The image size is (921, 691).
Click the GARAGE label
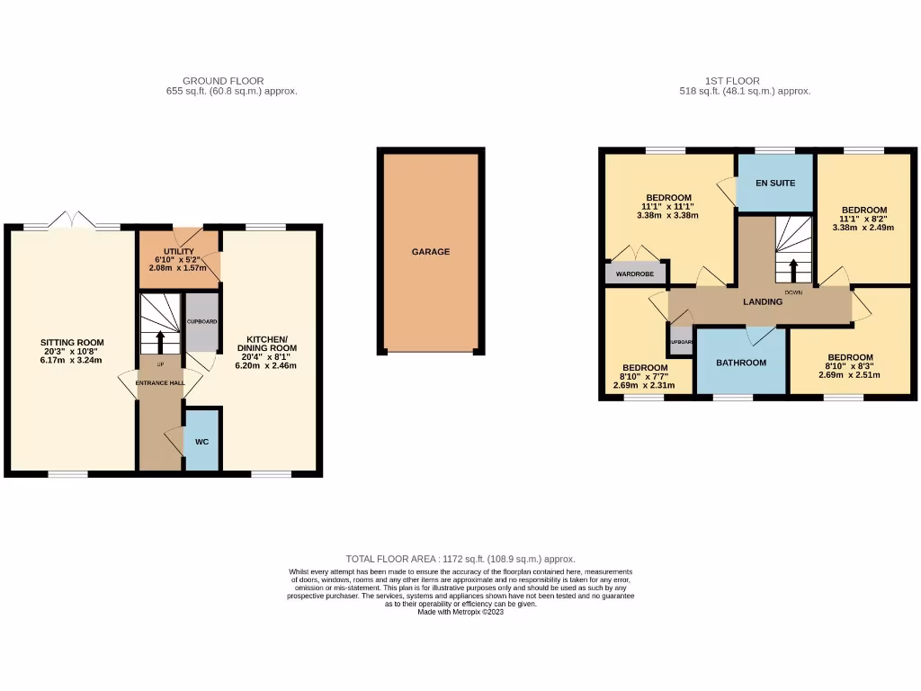[x=431, y=252]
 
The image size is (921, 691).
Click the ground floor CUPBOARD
[x=201, y=321]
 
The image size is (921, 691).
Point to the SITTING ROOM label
[x=72, y=342]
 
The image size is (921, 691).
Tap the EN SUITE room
[x=774, y=183]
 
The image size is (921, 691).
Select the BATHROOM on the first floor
[x=741, y=363]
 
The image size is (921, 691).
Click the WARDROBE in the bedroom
[x=635, y=274]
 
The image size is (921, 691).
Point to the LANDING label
[x=762, y=301]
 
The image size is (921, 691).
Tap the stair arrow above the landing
[x=794, y=271]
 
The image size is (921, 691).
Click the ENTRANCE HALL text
[x=159, y=383]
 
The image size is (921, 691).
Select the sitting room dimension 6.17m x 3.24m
[x=72, y=361]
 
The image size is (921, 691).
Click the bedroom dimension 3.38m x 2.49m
[x=863, y=228]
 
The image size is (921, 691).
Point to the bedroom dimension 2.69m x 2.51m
[x=849, y=375]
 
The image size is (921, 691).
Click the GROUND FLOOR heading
[x=223, y=81]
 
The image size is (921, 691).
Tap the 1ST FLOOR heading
[x=733, y=81]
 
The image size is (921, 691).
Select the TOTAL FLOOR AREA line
[x=460, y=559]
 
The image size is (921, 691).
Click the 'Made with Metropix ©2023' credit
[x=460, y=612]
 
